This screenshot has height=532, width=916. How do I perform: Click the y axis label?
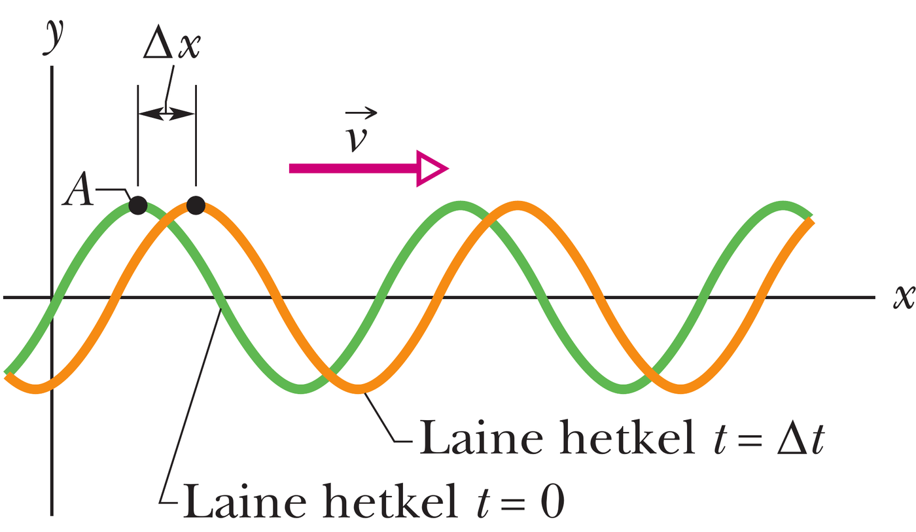click(53, 37)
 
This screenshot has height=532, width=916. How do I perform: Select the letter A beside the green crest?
click(78, 189)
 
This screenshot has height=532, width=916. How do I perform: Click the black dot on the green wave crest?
click(138, 205)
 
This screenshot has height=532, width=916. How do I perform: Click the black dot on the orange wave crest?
click(196, 205)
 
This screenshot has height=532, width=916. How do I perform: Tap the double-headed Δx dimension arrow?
click(167, 113)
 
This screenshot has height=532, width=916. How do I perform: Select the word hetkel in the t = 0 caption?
click(390, 501)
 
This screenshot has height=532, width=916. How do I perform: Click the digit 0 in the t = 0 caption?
click(552, 502)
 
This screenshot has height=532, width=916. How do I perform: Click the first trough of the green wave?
click(302, 389)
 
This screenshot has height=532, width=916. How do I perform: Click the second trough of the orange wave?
click(680, 389)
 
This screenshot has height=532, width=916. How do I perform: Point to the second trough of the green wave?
click(623, 389)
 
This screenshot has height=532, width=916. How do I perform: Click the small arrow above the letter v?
click(361, 113)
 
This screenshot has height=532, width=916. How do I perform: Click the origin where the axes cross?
click(52, 297)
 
